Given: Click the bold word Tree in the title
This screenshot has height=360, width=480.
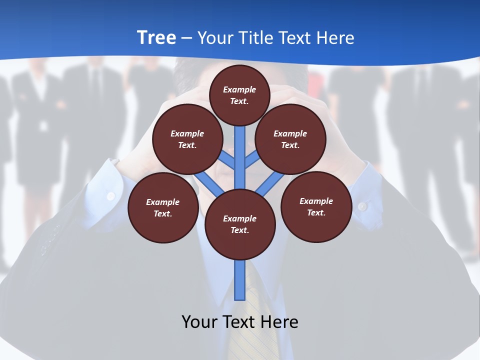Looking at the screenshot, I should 156,37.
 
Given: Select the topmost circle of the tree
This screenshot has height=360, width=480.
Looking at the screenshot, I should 239,95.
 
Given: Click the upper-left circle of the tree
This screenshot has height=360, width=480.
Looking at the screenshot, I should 187,139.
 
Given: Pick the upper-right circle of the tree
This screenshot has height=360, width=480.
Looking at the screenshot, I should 290,139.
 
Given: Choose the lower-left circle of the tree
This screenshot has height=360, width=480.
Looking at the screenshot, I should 163,207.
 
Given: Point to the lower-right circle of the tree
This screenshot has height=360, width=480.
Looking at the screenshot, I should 316,206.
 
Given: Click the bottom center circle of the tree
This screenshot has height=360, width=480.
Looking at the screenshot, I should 240,224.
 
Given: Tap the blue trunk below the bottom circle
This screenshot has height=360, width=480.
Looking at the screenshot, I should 240,280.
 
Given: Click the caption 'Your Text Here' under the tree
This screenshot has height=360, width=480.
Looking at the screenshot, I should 240,321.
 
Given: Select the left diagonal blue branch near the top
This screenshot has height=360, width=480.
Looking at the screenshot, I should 227,160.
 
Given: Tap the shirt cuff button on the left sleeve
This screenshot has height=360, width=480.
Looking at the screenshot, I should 111,196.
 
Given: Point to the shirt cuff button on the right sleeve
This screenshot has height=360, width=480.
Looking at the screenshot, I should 362,205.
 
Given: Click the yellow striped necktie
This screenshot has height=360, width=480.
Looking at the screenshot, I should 260,320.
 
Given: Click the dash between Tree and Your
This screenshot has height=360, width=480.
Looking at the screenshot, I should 187,38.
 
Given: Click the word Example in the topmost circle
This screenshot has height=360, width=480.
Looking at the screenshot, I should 239,89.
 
